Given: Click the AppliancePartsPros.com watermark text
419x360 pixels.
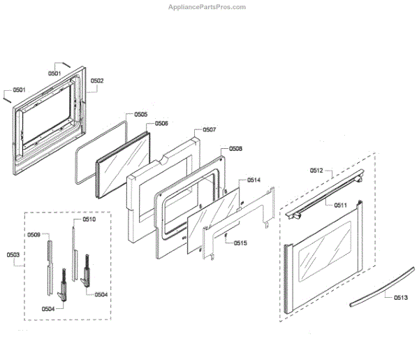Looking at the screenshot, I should (x=207, y=7).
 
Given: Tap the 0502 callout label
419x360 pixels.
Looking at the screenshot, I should (x=96, y=81).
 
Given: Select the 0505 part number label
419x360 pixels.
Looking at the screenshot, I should (x=140, y=114).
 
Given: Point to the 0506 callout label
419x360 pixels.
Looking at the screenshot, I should (x=161, y=124).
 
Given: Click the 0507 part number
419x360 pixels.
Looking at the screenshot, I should (x=209, y=130).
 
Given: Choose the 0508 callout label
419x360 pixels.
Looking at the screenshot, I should (x=235, y=149).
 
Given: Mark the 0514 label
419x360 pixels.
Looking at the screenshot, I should (x=253, y=180).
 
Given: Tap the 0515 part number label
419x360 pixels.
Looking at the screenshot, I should (x=240, y=243).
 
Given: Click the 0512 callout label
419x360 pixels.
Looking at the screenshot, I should (x=317, y=170).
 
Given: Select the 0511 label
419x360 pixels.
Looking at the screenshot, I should (x=340, y=205).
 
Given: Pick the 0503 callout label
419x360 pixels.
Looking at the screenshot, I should (x=13, y=254).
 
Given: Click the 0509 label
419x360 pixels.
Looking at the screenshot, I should (x=34, y=235).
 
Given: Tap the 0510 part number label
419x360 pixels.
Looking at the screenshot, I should (x=89, y=219).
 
